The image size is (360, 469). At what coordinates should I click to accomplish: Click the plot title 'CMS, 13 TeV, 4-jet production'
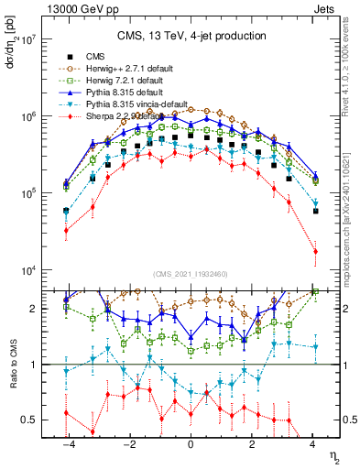coord(191,36)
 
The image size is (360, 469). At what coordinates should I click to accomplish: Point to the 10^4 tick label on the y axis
coord(27,270)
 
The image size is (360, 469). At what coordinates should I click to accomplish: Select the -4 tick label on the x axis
coord(69,444)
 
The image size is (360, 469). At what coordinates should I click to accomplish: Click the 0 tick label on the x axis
coord(191,444)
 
